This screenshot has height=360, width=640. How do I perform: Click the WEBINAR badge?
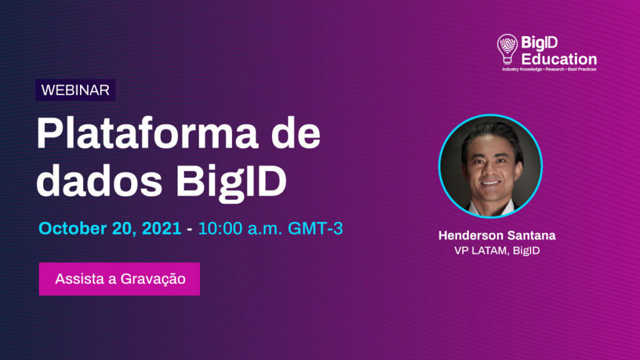click(76, 90)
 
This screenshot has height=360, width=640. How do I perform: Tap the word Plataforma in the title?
click(147, 134)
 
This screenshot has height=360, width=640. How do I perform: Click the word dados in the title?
click(99, 181)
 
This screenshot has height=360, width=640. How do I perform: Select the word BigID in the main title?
click(231, 183)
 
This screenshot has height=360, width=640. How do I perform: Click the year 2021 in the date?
click(161, 228)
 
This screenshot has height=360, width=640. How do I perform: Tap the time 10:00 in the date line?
click(220, 228)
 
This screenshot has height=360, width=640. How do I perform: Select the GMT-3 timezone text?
click(315, 228)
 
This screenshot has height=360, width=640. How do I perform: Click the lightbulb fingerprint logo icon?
click(507, 49)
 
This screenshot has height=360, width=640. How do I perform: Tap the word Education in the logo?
click(559, 59)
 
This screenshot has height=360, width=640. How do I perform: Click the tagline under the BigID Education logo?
click(549, 69)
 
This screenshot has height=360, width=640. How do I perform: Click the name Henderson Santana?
click(497, 236)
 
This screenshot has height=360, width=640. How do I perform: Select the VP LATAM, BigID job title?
click(497, 250)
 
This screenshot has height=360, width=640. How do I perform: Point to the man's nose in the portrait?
click(489, 171)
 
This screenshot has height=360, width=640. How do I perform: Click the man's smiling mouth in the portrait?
click(490, 183)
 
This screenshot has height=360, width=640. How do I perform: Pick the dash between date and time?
click(189, 230)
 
